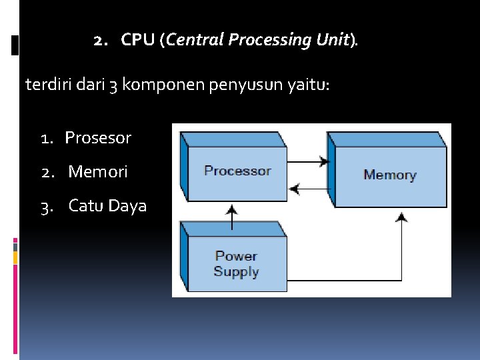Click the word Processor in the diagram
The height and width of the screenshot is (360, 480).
point(237,171)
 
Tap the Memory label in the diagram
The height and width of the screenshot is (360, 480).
point(389,175)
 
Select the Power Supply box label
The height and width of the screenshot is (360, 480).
point(236,264)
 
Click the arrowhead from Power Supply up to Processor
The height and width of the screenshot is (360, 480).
point(231,209)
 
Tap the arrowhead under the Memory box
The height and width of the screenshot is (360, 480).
point(401,216)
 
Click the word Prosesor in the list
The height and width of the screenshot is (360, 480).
point(98,138)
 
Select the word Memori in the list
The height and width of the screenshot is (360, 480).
point(98,172)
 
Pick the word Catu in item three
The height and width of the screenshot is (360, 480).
point(85,206)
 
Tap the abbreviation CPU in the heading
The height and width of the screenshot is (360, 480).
point(138,41)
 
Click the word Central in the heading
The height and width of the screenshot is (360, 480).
point(195,41)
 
